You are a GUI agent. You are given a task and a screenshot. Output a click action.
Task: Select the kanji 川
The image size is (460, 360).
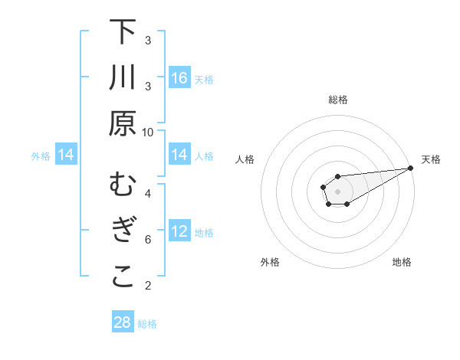[123, 78]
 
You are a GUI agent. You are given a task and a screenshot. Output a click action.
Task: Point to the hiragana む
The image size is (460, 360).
[123, 185]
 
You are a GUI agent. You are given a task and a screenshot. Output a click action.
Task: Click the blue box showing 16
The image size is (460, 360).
[179, 78]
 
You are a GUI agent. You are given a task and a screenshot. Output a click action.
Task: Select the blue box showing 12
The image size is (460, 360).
[179, 231]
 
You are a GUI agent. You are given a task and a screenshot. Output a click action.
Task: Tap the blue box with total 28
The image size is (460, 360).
[123, 322]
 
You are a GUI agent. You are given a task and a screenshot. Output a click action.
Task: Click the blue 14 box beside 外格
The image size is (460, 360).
[66, 155]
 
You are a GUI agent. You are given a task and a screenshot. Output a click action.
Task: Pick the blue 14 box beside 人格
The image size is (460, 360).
[179, 155]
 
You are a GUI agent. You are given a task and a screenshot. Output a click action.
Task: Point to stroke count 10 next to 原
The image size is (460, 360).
[148, 132]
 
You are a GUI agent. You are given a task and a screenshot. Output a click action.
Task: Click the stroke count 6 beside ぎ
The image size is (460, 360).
[148, 239]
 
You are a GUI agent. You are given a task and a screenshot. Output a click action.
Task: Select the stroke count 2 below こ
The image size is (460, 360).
[148, 286]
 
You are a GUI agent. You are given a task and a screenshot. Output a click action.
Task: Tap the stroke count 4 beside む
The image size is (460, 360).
[148, 193]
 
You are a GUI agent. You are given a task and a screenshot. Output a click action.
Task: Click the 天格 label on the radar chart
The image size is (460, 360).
[431, 159]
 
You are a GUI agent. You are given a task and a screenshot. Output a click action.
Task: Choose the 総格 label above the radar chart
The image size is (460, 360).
[338, 100]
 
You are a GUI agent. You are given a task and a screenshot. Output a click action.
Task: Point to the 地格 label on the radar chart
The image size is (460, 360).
[402, 262]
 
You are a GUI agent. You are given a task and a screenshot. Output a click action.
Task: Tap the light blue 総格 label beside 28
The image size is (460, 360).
[147, 323]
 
